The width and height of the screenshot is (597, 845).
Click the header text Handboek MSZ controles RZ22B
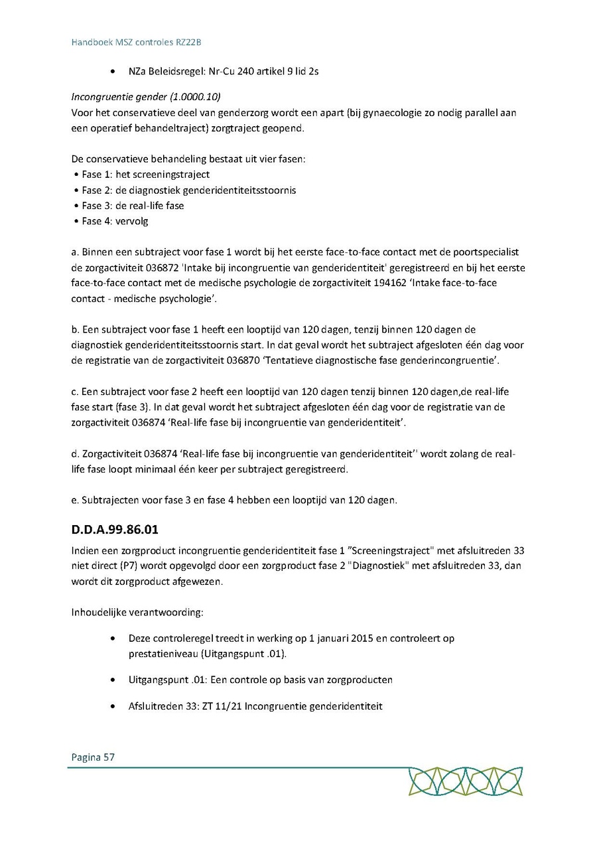[x=136, y=42]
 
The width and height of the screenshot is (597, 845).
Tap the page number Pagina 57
[x=93, y=757]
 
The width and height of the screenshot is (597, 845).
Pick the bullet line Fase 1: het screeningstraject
[x=145, y=175]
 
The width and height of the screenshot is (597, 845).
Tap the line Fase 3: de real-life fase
[x=133, y=206]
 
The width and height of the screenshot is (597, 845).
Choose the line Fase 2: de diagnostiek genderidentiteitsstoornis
[x=188, y=191]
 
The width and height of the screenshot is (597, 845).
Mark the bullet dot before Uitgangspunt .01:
[x=115, y=680]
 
